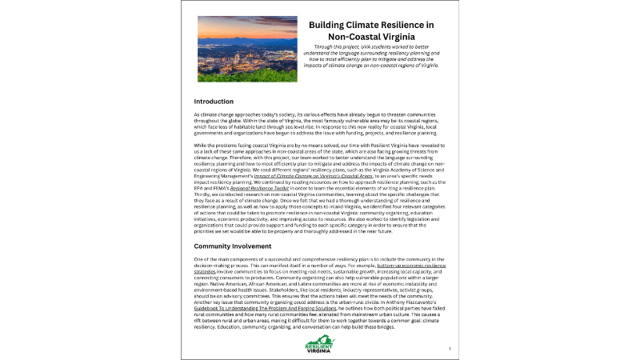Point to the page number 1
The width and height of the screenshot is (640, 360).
pyautogui.click(x=450, y=349)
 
